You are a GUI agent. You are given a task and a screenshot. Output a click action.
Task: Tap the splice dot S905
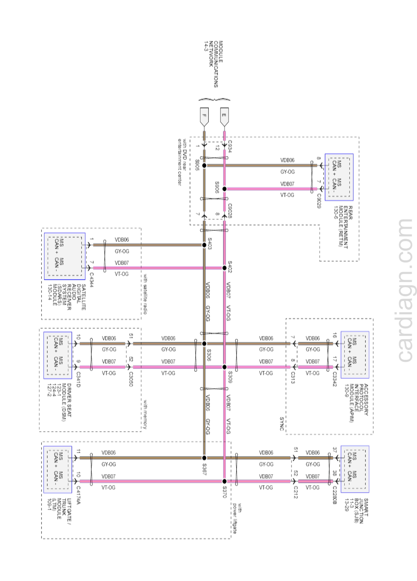pos(204,166)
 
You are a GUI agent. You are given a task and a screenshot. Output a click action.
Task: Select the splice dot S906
pos(224,189)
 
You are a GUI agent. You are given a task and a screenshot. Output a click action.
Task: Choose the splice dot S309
pos(224,367)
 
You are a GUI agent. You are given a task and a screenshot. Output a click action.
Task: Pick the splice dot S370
pos(224,481)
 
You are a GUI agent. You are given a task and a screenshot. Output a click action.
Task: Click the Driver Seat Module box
pos(58,355)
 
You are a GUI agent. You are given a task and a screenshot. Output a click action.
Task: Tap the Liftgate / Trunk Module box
pos(58,469)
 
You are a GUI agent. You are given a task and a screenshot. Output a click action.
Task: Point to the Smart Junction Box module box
pos(355,469)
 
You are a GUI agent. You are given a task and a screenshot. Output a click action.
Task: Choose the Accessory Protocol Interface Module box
pos(355,355)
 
